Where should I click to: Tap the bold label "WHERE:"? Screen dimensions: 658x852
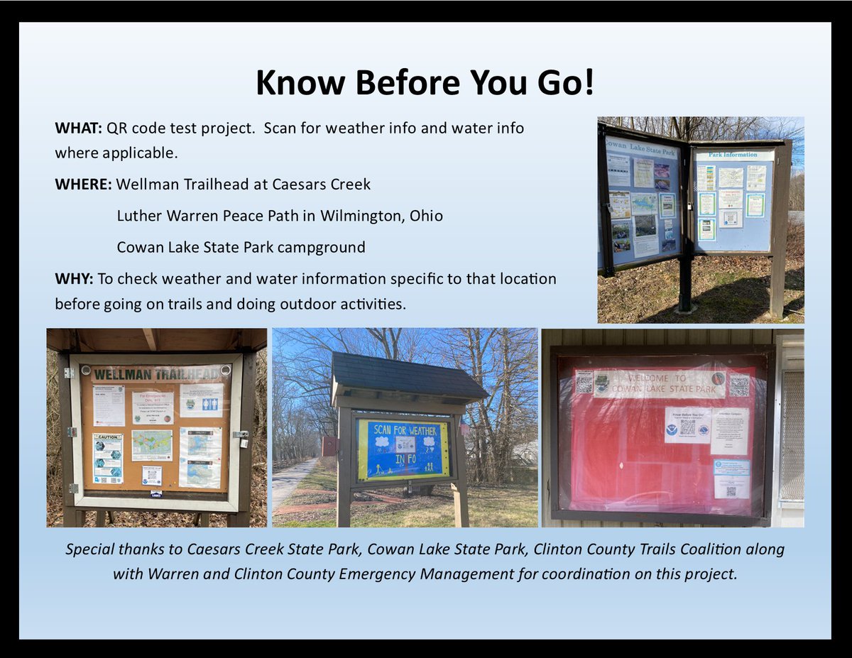click(83, 185)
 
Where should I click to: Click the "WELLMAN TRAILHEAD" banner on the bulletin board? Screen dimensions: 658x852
click(156, 373)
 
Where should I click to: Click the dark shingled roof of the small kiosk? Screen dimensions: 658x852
click(408, 375)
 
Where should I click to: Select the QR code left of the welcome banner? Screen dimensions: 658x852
click(584, 382)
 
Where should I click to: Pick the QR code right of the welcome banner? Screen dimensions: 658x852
click(738, 385)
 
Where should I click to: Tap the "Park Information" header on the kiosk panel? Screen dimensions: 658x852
click(732, 155)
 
